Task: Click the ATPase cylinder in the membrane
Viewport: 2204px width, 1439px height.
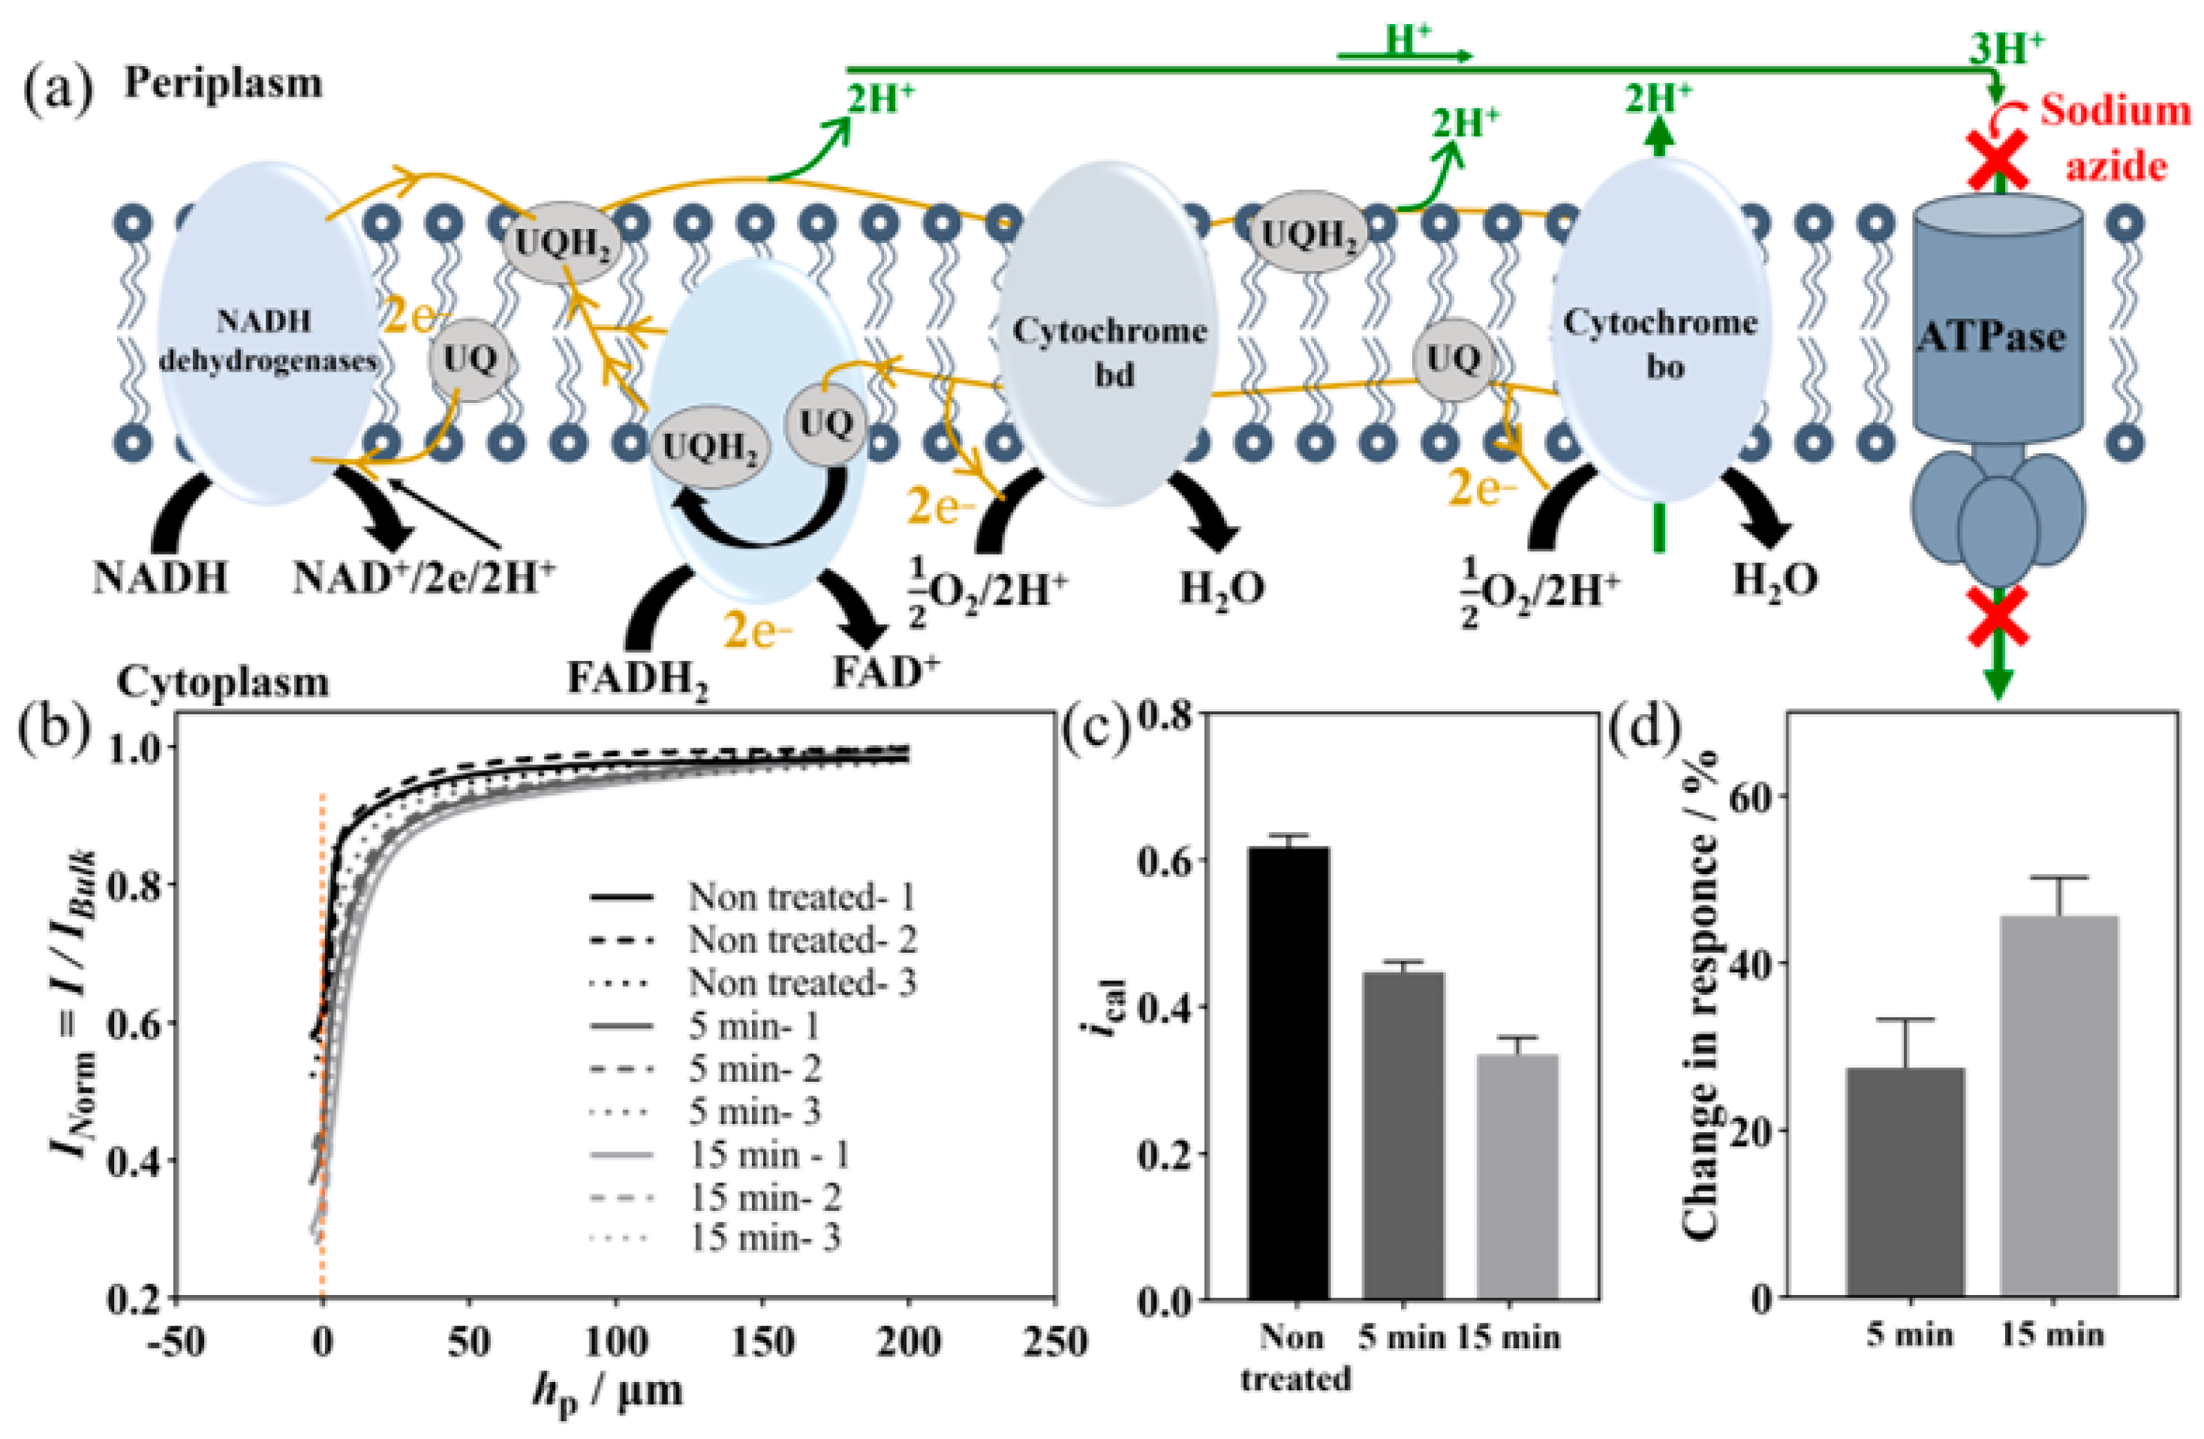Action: [x=1998, y=324]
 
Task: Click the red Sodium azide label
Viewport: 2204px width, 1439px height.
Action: [x=2116, y=139]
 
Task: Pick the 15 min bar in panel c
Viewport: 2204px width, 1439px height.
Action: [x=1517, y=1176]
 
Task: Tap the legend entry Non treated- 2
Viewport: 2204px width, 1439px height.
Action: [x=801, y=940]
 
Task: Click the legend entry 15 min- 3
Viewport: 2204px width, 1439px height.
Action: [x=765, y=1238]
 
